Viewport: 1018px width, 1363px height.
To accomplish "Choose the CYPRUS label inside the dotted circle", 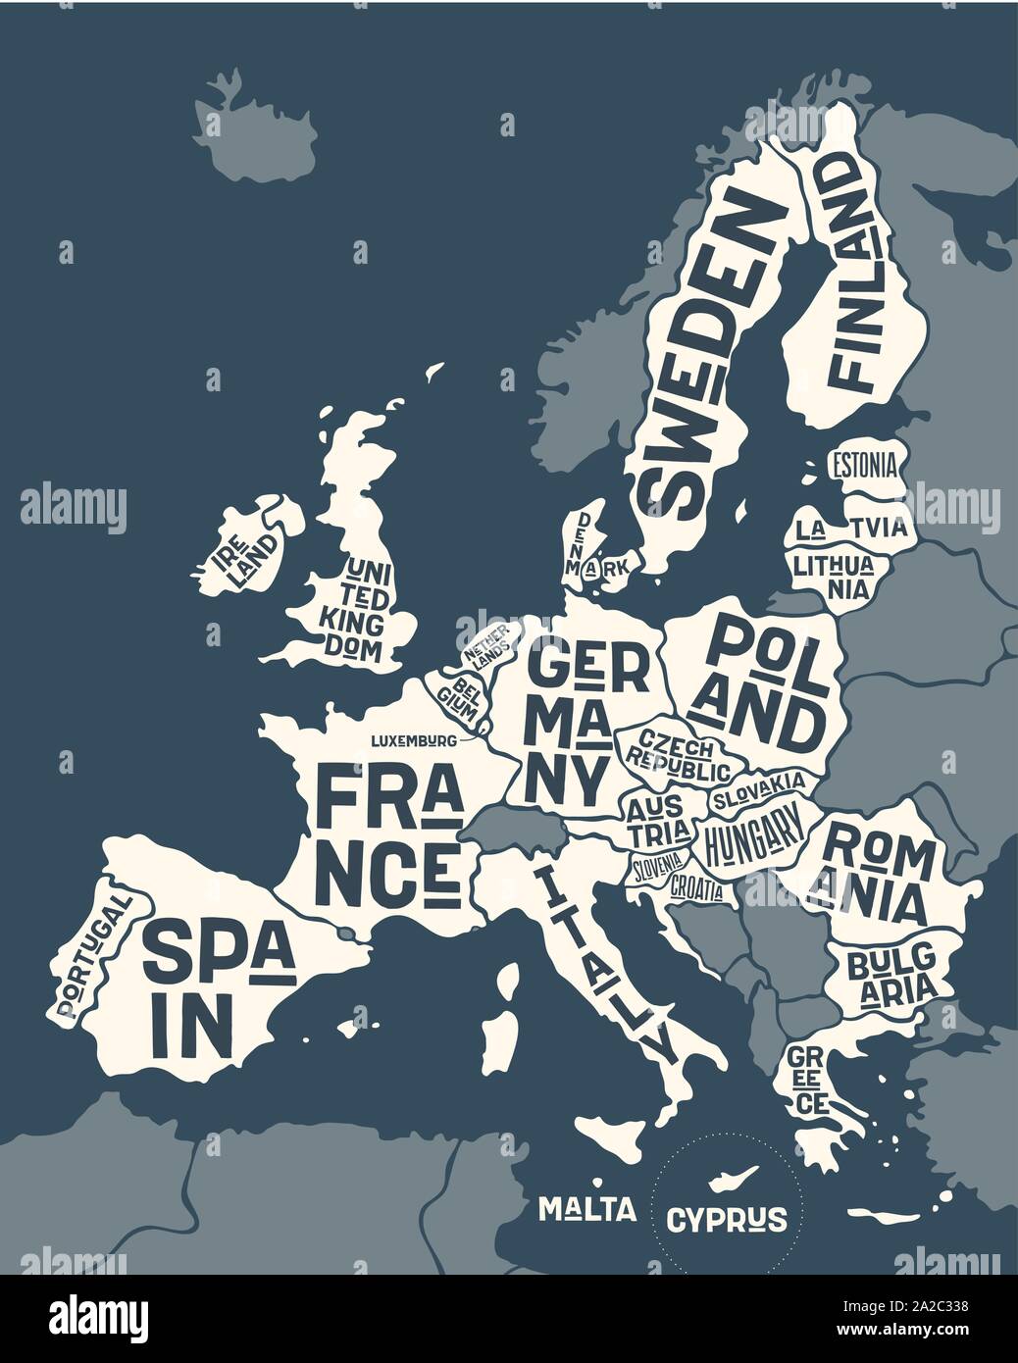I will point(727,1219).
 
